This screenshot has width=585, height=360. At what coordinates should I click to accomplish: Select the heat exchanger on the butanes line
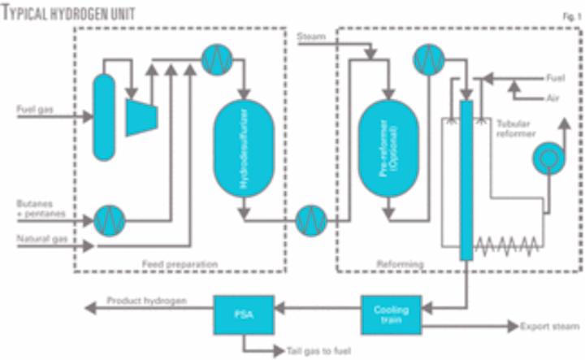coord(106,218)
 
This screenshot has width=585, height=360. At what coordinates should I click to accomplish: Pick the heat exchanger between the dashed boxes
coord(310,219)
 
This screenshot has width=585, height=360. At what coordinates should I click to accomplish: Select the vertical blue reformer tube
coord(466,179)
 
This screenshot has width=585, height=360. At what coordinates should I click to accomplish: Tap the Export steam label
coord(546,327)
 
